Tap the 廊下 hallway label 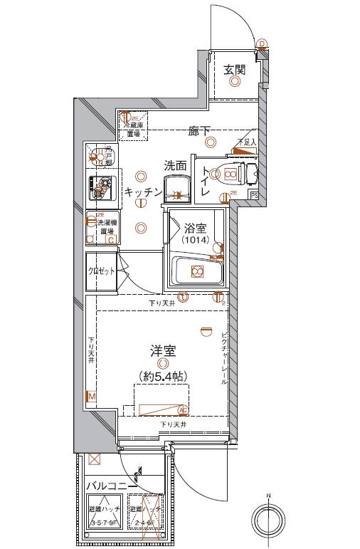(198, 131)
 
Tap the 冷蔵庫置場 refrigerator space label (134, 129)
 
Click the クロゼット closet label (100, 271)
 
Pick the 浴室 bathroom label (195, 229)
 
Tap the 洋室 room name (162, 351)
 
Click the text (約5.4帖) (163, 376)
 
